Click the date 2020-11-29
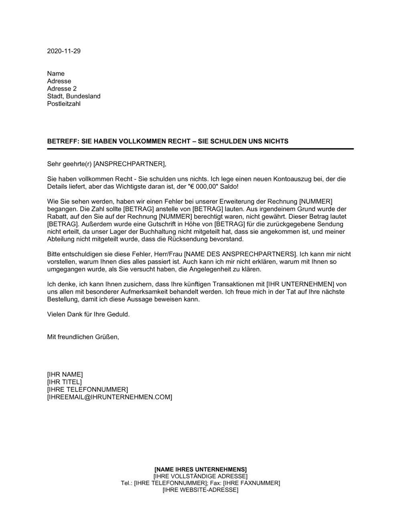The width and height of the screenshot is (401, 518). click(64, 51)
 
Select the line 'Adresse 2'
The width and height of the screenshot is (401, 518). click(62, 89)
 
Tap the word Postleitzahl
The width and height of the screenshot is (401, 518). click(64, 104)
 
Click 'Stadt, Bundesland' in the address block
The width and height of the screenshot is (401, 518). click(74, 96)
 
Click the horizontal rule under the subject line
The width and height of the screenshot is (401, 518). click(200, 149)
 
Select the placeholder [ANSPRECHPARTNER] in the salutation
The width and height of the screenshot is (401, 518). click(129, 164)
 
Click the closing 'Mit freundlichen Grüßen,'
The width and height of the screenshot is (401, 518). click(83, 337)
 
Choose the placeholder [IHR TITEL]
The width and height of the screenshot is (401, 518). click(64, 382)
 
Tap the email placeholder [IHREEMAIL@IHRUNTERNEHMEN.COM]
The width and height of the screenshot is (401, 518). click(109, 397)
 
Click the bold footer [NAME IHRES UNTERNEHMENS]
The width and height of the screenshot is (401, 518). click(200, 469)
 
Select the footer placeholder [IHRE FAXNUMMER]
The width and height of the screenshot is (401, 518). click(251, 483)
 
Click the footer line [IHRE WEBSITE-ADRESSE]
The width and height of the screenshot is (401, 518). click(200, 490)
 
